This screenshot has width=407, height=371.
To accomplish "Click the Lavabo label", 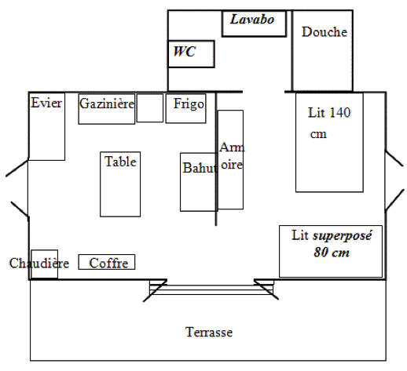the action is [252, 20].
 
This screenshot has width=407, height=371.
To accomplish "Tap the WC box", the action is [191, 54].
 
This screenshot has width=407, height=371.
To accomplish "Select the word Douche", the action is [324, 32].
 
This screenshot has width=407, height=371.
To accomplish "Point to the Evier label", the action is [46, 103].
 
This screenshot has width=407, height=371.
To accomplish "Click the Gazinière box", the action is [107, 109].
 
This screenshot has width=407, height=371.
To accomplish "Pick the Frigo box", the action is [185, 108].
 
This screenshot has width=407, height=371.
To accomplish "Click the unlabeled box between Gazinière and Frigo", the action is [150, 107].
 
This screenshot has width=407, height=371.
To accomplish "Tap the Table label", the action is [120, 162].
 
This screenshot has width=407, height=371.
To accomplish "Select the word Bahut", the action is [200, 168].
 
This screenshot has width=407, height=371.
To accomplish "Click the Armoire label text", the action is [232, 156].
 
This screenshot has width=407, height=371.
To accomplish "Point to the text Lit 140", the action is [329, 112].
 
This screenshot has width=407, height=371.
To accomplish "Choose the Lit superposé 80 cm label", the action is [332, 244].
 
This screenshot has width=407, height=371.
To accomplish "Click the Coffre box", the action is [107, 262].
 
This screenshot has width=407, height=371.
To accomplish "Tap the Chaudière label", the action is [39, 263].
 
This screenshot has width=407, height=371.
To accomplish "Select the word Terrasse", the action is [209, 332].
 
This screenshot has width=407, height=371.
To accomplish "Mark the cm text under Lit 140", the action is [318, 134].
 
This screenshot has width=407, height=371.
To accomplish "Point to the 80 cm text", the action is [332, 253].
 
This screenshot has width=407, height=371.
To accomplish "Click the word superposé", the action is [343, 236].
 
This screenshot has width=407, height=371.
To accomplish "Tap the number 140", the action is [339, 112].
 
